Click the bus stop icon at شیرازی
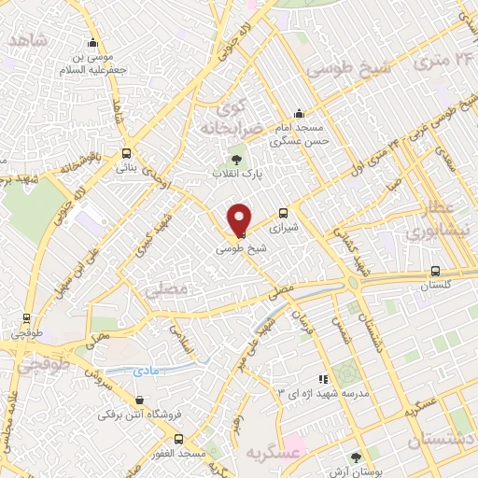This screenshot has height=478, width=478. coord(284,214)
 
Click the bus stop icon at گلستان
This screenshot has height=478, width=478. coord(434,272)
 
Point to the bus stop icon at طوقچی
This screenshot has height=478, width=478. coord(26,317)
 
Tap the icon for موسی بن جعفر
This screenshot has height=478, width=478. coord(92,42)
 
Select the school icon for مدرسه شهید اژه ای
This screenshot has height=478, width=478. coord(322,379)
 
